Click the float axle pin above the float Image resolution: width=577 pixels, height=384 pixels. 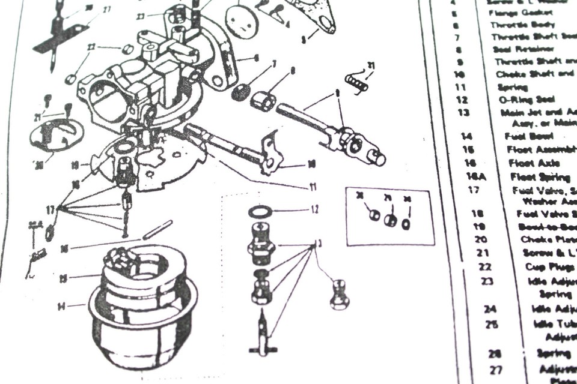(x=158, y=229)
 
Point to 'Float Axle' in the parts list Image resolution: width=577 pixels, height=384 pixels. (x=534, y=163)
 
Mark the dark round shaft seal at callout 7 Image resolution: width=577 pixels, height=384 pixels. (x=241, y=92)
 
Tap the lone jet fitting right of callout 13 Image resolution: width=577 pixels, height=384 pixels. (x=339, y=295)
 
